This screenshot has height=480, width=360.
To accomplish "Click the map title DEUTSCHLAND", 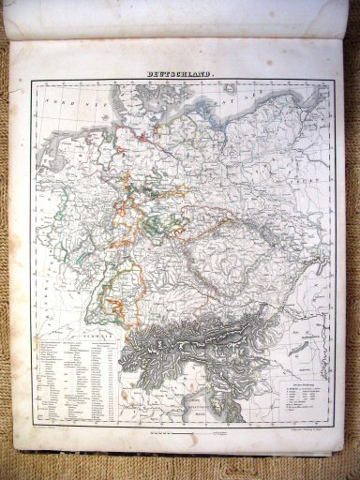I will (180, 72).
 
